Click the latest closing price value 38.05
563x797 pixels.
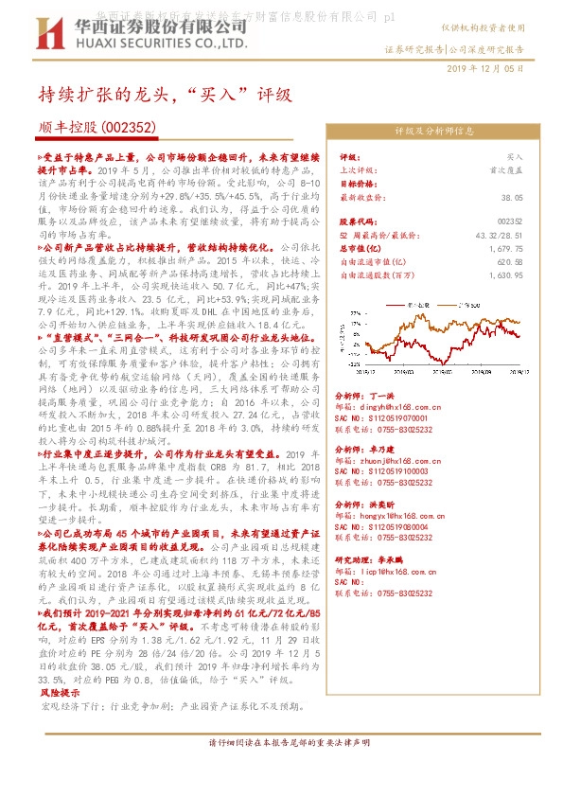(x=512, y=197)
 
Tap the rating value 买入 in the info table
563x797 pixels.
(x=515, y=156)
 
